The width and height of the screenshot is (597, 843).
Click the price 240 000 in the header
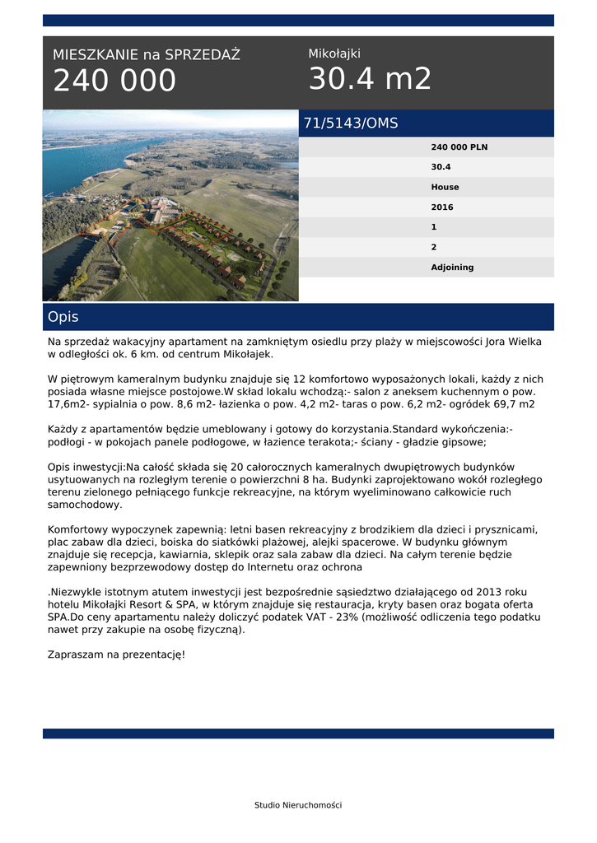pyautogui.click(x=114, y=81)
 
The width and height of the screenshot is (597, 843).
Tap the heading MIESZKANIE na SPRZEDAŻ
pyautogui.click(x=146, y=55)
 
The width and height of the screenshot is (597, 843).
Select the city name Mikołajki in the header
pyautogui.click(x=334, y=54)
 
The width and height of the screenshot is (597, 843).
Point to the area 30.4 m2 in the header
pyautogui.click(x=370, y=79)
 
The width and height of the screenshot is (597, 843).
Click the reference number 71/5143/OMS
pyautogui.click(x=351, y=123)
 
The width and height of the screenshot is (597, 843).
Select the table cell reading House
pyautogui.click(x=445, y=188)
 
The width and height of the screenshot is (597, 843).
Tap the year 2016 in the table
pyautogui.click(x=441, y=207)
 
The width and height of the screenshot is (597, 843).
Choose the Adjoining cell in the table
pyautogui.click(x=452, y=268)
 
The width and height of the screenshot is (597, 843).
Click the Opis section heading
pyautogui.click(x=63, y=317)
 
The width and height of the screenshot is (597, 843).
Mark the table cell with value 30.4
pyautogui.click(x=441, y=167)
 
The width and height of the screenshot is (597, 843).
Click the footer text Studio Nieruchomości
pyautogui.click(x=298, y=805)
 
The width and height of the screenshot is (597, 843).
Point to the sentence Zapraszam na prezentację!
pyautogui.click(x=116, y=654)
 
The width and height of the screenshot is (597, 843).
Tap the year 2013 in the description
pyautogui.click(x=485, y=592)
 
